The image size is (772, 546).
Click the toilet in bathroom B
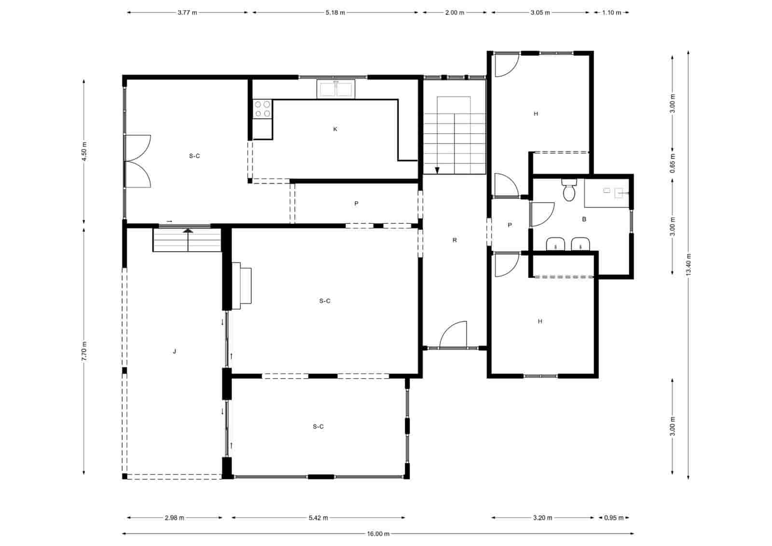(569, 191)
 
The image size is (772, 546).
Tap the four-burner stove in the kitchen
(262, 109)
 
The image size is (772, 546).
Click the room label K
(335, 129)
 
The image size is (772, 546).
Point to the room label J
(175, 352)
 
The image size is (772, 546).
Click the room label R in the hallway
(455, 240)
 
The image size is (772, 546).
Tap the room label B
(584, 219)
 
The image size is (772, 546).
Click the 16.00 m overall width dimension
(378, 533)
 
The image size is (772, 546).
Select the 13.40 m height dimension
(689, 265)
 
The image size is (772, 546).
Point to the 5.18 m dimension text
(335, 13)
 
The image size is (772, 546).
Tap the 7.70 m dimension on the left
(84, 351)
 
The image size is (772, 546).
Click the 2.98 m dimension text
(174, 518)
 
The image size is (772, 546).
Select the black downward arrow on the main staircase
(437, 170)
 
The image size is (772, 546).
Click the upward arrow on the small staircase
(188, 231)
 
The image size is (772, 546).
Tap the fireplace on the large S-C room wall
(242, 286)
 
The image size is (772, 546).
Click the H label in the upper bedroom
(536, 114)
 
